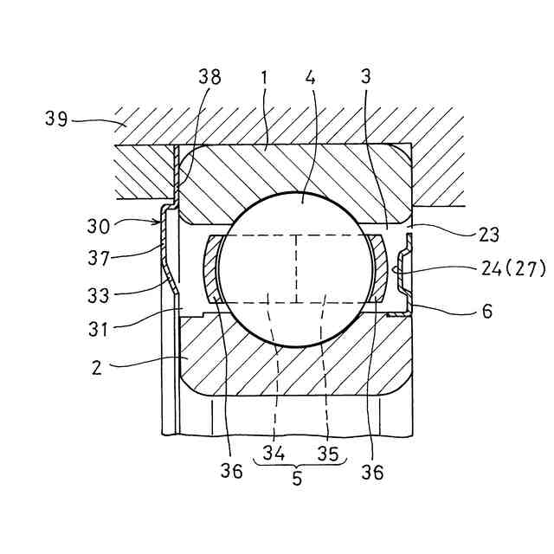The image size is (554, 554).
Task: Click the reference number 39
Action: click(56, 119)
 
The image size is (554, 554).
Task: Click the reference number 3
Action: click(366, 77)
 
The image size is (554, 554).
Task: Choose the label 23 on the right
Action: click(486, 235)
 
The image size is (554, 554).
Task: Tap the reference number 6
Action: click(487, 311)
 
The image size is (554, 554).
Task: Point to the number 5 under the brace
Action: click(298, 479)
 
